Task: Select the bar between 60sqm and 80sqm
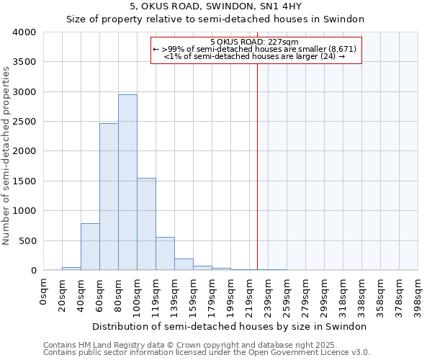pos(109,197)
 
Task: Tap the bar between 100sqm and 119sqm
pos(146,224)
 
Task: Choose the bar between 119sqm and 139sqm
pos(165,253)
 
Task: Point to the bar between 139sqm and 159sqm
pos(184,264)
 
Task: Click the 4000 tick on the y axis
pos(25,32)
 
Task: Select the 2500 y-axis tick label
pos(25,122)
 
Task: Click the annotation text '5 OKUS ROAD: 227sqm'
pos(256,42)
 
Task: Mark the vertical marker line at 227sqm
pos(257,166)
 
